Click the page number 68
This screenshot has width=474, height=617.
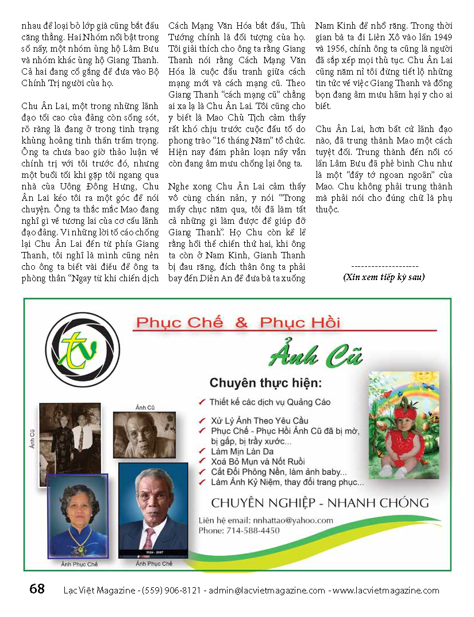point(36,589)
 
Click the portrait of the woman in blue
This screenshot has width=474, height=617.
point(78,516)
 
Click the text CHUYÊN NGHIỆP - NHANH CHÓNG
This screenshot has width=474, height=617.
point(320,503)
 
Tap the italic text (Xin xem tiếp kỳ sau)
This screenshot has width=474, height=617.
point(384,277)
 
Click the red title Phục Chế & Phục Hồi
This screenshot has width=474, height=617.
point(237,323)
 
